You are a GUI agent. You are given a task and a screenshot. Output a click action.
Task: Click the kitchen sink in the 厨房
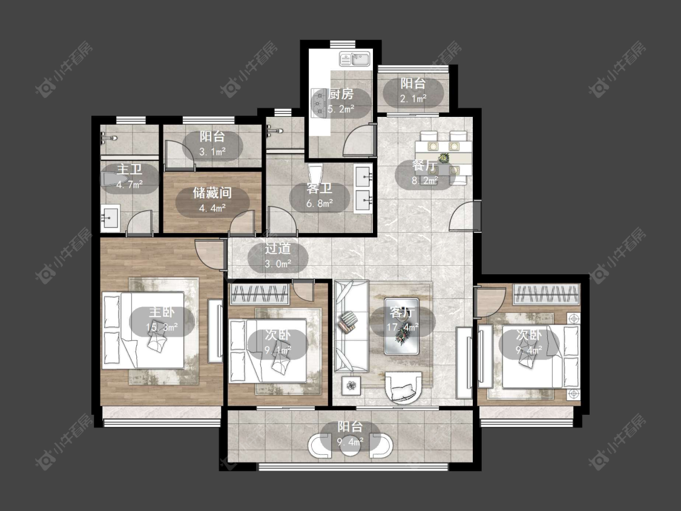pos(354,59)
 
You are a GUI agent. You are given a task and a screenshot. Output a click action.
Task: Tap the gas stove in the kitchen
pos(319,102)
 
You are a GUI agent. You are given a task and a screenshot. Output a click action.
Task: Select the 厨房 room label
pos(341,94)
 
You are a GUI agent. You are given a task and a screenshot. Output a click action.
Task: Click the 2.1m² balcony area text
pos(413,99)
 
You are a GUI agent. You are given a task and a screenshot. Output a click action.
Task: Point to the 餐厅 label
pos(424,166)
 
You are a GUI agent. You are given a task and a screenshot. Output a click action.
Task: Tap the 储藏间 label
pos(212,193)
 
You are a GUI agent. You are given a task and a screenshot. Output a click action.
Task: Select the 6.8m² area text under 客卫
pos(320,203)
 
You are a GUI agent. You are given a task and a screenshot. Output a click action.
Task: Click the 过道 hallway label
pos(278,249)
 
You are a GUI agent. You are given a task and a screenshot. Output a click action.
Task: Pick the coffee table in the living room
pos(402,326)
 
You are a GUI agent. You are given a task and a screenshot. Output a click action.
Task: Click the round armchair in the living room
pos(404,387)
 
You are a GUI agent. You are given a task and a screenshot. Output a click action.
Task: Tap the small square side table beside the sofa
pos(350,385)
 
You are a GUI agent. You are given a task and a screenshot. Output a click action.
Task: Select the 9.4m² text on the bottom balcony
pos(350,443)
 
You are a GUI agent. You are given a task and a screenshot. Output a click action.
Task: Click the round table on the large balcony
pos(350,447)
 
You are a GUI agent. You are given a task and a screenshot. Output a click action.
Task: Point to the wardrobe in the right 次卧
pos(547,294)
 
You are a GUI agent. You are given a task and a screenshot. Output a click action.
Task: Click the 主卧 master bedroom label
pos(162,312)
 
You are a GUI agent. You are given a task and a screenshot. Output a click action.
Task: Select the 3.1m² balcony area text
pos(212,151)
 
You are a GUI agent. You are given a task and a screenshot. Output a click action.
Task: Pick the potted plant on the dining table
pos(444,157)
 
